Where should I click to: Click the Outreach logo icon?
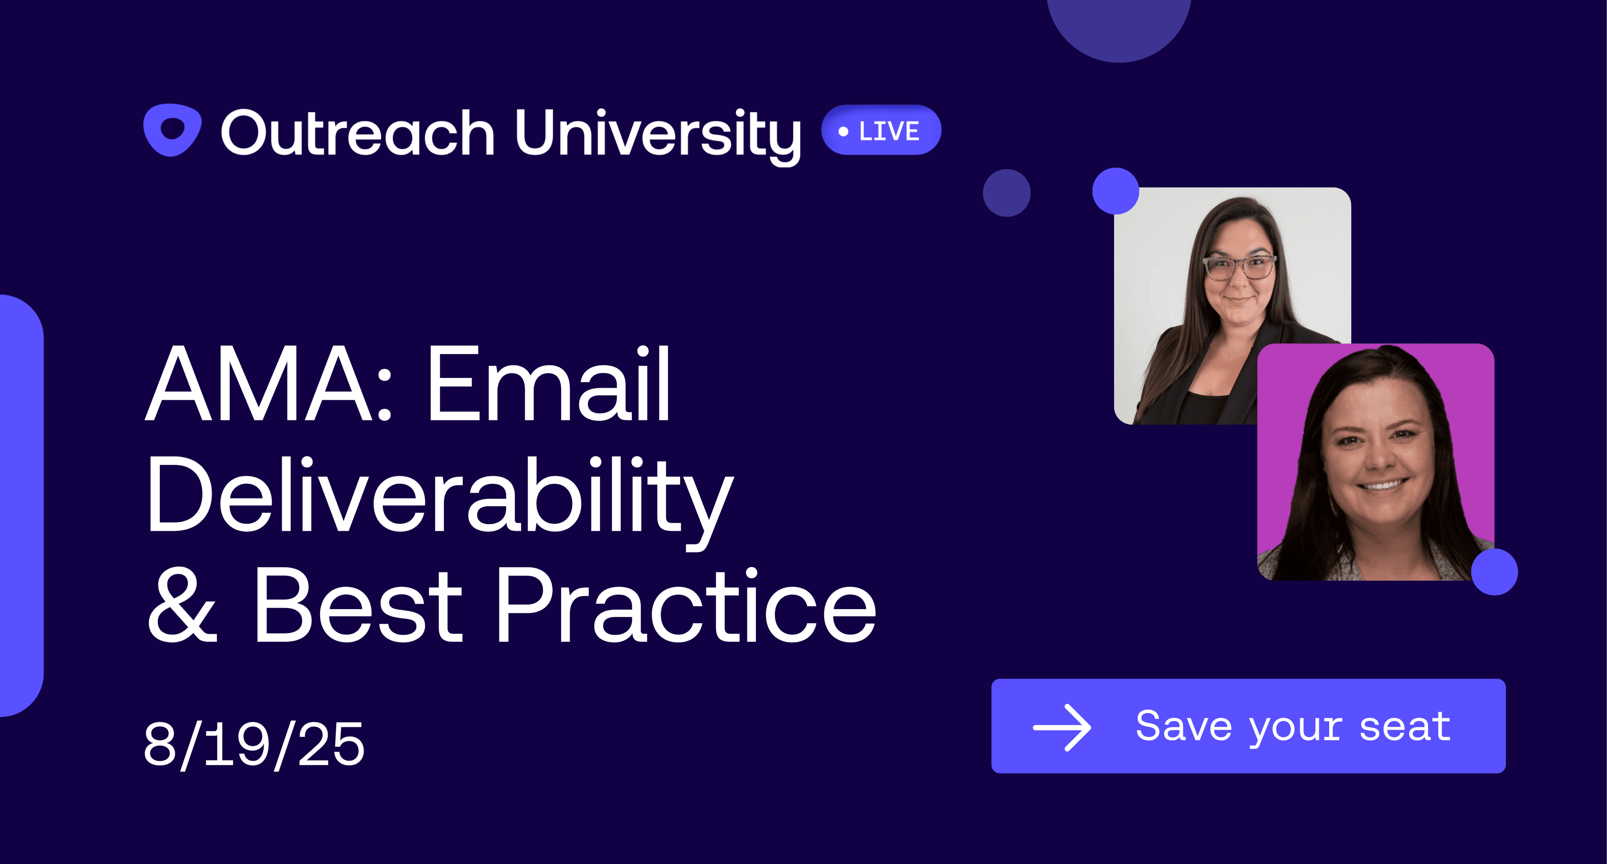[x=172, y=130]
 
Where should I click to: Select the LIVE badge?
[x=881, y=130]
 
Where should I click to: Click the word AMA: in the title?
[x=269, y=384]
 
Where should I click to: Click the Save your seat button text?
[x=1293, y=727]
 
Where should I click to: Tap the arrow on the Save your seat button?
[x=1062, y=728]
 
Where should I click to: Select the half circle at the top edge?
[x=1119, y=28]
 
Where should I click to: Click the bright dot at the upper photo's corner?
[x=1115, y=191]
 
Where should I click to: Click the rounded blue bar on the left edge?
[x=21, y=505]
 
